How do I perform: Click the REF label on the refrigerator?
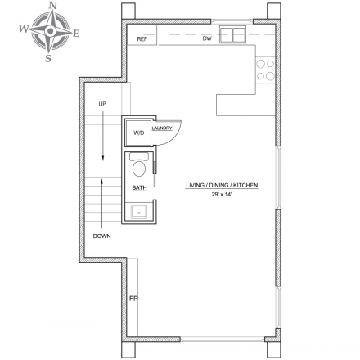142,39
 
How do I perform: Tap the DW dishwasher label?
207,38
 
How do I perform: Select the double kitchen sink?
233,34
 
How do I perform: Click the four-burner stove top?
265,70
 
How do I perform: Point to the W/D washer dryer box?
138,133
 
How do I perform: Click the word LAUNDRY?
162,128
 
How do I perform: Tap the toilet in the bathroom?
139,165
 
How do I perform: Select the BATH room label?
139,187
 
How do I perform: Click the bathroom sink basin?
139,212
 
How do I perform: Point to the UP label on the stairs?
102,104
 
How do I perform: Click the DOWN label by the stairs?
102,236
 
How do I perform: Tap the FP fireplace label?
133,299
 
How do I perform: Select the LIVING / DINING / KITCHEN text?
222,186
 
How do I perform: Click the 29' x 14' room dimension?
222,195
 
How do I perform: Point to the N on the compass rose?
52,5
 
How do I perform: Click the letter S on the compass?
48,58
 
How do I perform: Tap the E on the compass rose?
76,34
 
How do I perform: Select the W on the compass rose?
24,29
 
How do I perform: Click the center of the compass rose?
50,31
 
